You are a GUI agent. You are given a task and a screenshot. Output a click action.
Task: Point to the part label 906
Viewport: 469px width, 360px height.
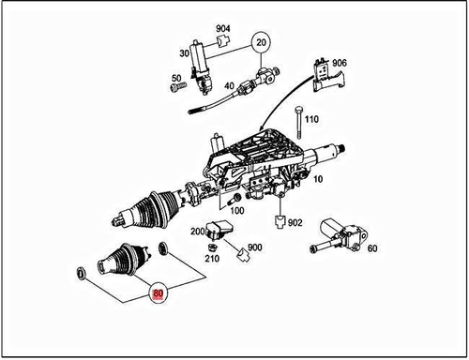[x=339, y=64]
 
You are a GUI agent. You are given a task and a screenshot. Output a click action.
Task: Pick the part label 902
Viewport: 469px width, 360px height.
[x=295, y=223]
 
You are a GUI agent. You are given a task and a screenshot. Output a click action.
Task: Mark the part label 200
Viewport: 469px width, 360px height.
[x=198, y=231]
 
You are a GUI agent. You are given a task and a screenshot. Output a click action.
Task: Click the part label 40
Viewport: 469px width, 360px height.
[x=229, y=86]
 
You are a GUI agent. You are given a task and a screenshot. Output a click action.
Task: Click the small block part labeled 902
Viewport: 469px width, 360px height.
[x=280, y=222]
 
